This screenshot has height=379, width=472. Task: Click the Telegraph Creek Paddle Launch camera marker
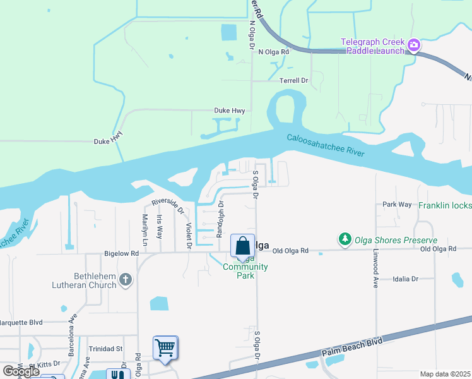[x=414, y=44]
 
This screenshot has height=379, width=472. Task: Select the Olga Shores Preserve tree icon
[x=345, y=239]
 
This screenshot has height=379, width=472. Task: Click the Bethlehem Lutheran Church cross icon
[x=125, y=279]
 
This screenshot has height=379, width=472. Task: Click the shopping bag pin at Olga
[x=242, y=246]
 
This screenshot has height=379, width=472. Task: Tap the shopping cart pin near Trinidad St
[x=165, y=347]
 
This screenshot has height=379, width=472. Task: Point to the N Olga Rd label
[x=273, y=52]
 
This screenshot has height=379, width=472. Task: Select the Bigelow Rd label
[x=121, y=253]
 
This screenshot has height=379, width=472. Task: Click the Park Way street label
[x=397, y=205]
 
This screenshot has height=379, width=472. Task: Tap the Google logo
[x=21, y=371]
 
